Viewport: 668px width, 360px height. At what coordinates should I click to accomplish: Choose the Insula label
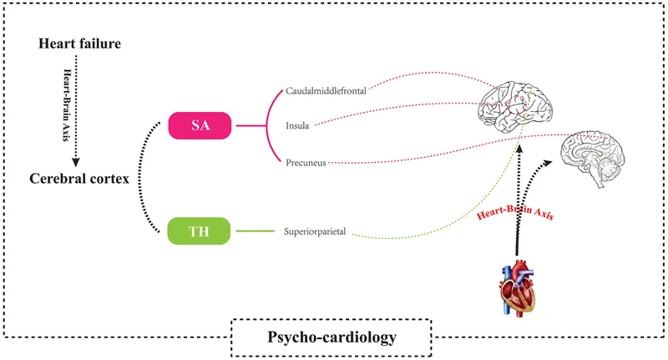tap(297, 126)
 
